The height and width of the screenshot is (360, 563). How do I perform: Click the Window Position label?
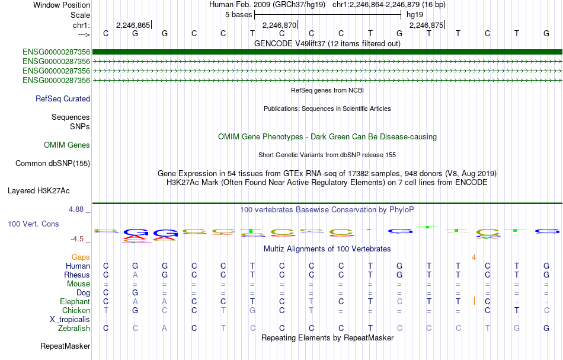(x=62, y=5)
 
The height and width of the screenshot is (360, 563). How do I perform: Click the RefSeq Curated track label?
(x=63, y=99)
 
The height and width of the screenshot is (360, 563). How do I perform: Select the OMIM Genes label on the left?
(x=67, y=145)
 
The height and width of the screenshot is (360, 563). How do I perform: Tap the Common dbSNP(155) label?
(x=53, y=164)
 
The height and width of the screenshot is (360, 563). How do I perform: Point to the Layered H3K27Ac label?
(x=39, y=191)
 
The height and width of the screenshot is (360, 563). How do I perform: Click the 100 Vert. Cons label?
(x=33, y=224)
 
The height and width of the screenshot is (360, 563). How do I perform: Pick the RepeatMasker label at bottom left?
(x=65, y=346)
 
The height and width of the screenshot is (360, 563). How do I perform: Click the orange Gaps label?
(x=81, y=257)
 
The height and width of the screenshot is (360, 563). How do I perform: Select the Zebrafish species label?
(x=74, y=328)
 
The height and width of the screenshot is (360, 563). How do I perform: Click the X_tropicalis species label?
(x=70, y=320)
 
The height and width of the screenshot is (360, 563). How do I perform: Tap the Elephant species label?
(x=75, y=301)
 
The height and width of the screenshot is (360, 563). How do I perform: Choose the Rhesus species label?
(x=77, y=275)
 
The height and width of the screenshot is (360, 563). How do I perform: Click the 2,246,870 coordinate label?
(x=279, y=25)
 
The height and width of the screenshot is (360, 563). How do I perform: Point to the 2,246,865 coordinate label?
(x=133, y=25)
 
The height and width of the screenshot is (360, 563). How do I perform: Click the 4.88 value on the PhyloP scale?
(x=76, y=209)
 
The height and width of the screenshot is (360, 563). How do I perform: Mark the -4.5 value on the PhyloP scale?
(x=77, y=239)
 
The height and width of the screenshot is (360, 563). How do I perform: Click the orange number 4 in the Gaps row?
(x=474, y=257)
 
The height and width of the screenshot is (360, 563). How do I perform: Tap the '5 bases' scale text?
(x=239, y=15)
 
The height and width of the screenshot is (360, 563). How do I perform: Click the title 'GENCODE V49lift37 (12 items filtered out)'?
(x=328, y=43)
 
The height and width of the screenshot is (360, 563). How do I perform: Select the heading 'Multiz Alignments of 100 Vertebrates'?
(x=327, y=249)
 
